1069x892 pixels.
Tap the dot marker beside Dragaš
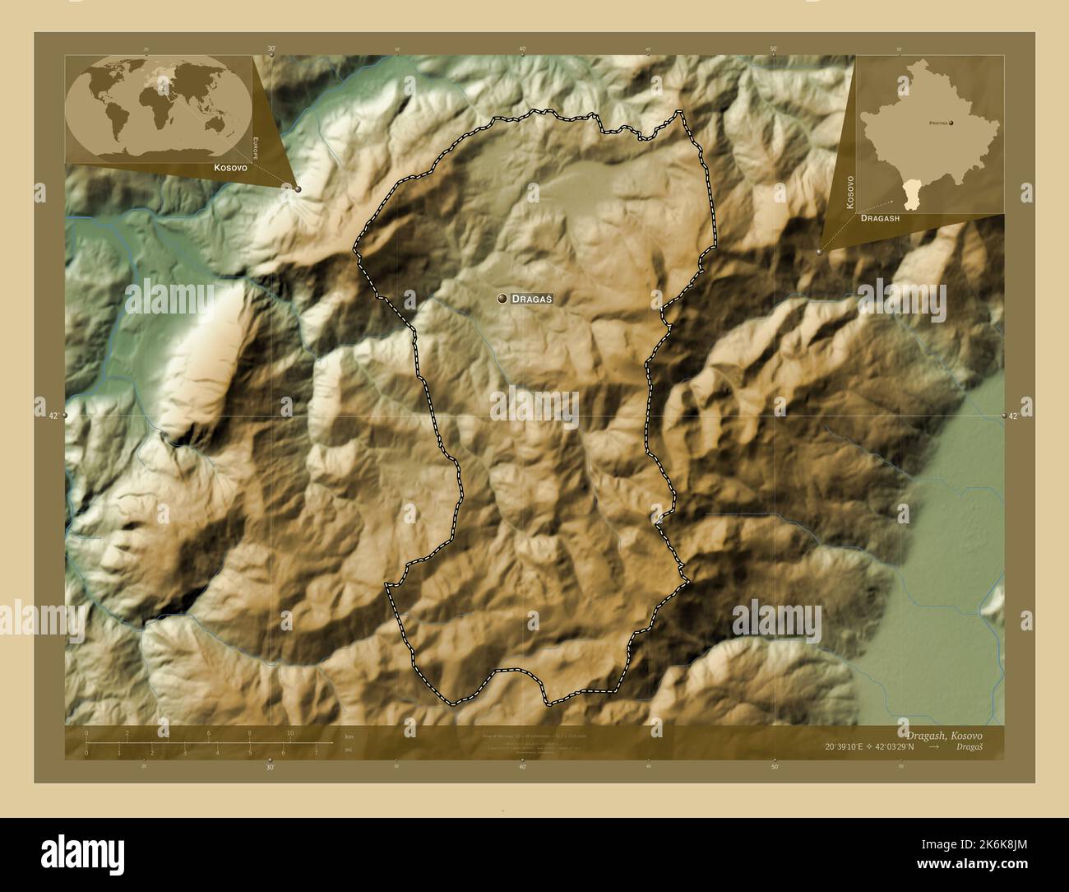502,300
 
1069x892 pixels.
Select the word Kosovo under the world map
230,167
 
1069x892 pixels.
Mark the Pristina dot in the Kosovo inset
951,123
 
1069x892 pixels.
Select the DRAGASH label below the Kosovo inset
880,219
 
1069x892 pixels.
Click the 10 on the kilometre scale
289,733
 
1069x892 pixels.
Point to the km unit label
349,736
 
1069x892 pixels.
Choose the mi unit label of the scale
349,750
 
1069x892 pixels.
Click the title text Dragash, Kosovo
944,734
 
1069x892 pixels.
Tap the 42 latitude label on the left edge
53,416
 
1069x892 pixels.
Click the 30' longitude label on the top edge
271,49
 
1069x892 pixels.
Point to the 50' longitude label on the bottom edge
774,767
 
